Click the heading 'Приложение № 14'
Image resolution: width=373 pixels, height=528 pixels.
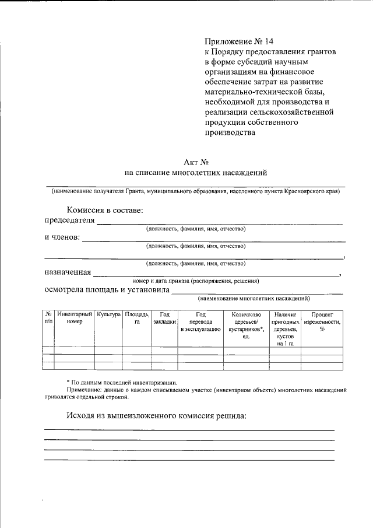238,41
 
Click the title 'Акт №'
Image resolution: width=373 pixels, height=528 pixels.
196,162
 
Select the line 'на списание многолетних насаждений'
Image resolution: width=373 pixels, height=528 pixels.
196,173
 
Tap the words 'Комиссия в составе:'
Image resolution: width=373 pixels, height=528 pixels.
105,210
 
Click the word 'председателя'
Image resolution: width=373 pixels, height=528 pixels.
69,220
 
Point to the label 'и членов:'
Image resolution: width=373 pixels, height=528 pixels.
62,237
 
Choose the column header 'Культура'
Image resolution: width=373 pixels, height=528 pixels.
109,314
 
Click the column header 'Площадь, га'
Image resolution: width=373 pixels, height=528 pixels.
137,318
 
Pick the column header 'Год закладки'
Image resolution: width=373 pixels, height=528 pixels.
164,318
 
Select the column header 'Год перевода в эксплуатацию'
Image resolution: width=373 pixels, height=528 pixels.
200,322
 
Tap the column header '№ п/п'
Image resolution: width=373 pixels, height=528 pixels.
48,318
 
